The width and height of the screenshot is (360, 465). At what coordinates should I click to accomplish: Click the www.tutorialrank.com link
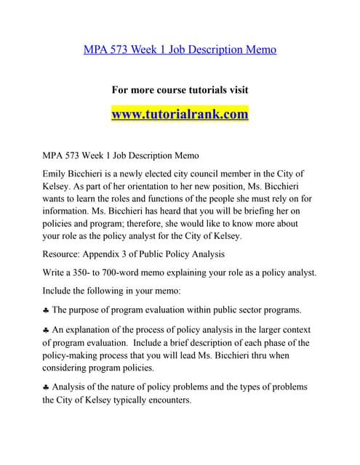(180, 115)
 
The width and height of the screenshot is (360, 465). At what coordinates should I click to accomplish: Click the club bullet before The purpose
(46, 310)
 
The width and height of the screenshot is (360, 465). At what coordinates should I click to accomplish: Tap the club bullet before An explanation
(46, 330)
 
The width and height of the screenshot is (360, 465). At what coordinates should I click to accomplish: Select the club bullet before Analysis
(46, 387)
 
